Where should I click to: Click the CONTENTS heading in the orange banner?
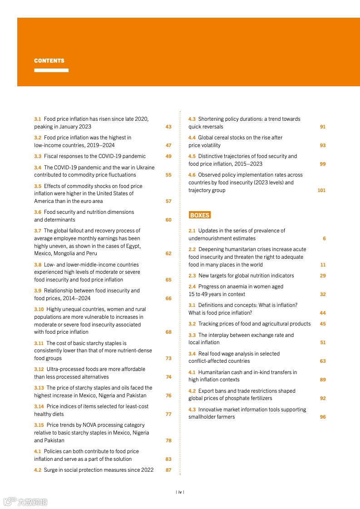pyautogui.click(x=49, y=61)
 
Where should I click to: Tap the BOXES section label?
pyautogui.click(x=200, y=215)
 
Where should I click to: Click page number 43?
pyautogui.click(x=168, y=127)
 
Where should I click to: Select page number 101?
pyautogui.click(x=321, y=191)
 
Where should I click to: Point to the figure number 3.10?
pyautogui.click(x=39, y=310)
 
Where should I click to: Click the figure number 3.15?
pyautogui.click(x=39, y=425)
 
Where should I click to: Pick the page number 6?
pyautogui.click(x=324, y=239)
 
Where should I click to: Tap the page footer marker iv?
pyautogui.click(x=180, y=492)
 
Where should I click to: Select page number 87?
pyautogui.click(x=168, y=470)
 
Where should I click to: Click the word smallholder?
pyautogui.click(x=202, y=417)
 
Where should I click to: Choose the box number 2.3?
pyautogui.click(x=192, y=276)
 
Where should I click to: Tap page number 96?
pyautogui.click(x=323, y=417)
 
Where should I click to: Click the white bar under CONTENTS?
pyautogui.click(x=51, y=70)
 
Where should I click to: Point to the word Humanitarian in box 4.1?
pyautogui.click(x=215, y=372)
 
